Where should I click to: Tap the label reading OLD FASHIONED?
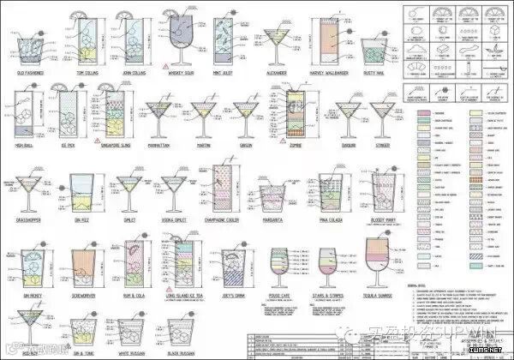click(x=30, y=74)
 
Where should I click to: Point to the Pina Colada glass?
click(x=332, y=192)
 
